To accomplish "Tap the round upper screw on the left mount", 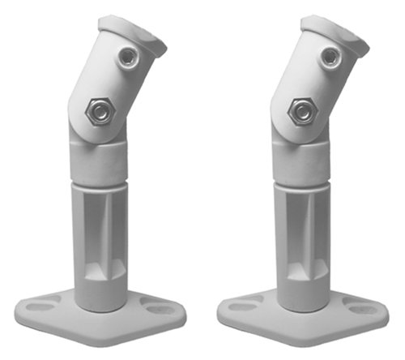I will (127, 57).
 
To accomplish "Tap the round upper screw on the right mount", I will (330, 57).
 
